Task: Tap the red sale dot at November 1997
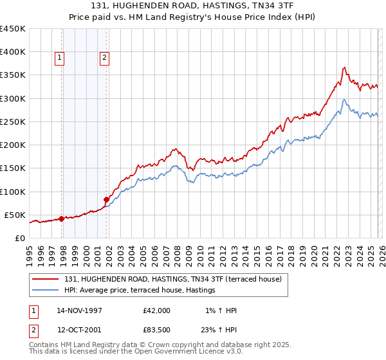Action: click(62, 219)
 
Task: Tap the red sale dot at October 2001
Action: click(106, 199)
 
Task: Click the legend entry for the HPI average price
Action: click(140, 291)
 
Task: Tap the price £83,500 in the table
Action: click(157, 331)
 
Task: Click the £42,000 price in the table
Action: click(157, 310)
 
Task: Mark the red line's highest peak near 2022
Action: click(345, 67)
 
